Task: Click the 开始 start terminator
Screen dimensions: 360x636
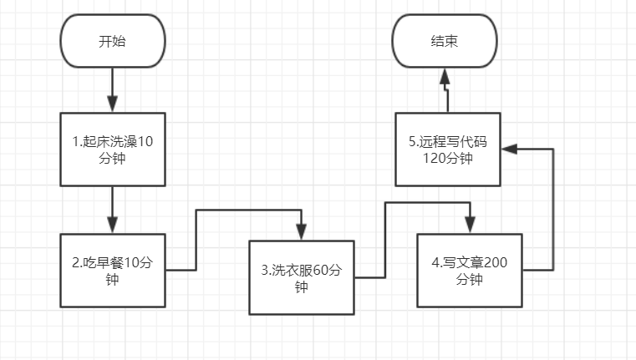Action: pos(112,40)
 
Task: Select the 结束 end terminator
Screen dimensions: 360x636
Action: pos(445,40)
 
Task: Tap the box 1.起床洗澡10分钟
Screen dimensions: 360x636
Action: pos(112,150)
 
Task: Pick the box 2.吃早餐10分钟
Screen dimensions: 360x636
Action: pos(112,271)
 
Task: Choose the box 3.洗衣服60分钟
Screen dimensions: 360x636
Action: pos(302,278)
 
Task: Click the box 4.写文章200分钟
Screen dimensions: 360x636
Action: pos(469,271)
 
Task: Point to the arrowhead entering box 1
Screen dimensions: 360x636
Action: pos(112,104)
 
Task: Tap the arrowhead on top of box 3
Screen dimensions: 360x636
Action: pos(302,233)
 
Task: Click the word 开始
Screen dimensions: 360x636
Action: pos(112,40)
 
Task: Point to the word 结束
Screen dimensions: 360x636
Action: pos(445,40)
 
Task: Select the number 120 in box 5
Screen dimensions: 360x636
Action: pos(434,158)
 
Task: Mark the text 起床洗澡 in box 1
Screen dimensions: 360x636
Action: pos(109,141)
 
